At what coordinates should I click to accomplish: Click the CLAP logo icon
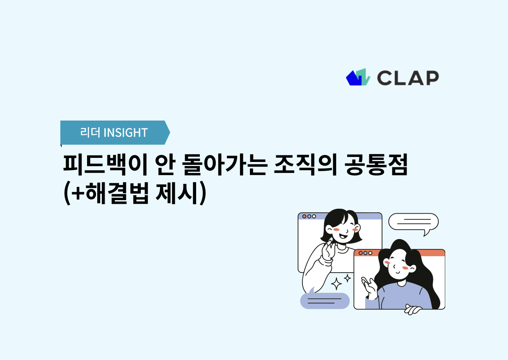click(358, 77)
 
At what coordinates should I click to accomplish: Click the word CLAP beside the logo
click(407, 77)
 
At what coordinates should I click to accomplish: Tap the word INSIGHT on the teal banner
click(126, 133)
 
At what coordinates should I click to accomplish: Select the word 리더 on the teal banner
click(90, 133)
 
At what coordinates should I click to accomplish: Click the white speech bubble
click(413, 222)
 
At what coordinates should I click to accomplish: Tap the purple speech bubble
click(325, 301)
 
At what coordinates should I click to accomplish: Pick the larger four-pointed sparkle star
click(336, 283)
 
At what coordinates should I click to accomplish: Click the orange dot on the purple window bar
click(304, 216)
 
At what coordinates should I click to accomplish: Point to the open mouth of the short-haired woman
click(343, 236)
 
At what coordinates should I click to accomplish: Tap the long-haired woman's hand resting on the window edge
click(413, 310)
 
